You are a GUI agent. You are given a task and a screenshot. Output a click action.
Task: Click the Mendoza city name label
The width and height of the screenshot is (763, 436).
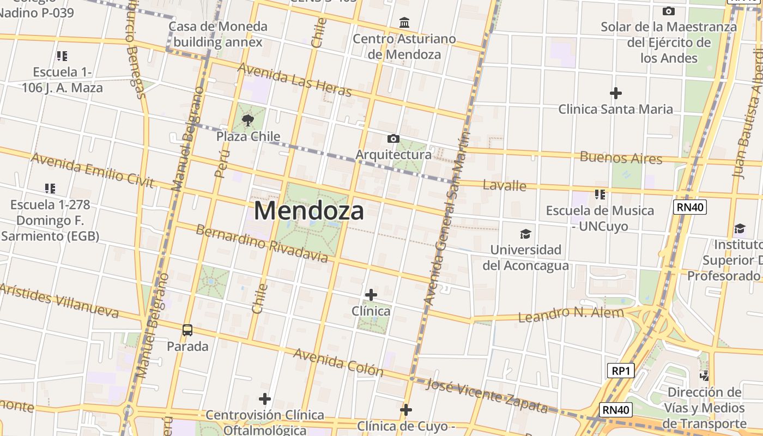[x=309, y=211]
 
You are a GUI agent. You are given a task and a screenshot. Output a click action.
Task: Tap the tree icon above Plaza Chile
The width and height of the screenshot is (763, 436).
[x=248, y=120]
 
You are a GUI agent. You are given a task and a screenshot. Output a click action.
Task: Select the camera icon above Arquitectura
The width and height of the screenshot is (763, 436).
[x=393, y=139]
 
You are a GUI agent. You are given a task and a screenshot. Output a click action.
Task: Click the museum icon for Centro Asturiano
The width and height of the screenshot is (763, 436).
[x=404, y=23]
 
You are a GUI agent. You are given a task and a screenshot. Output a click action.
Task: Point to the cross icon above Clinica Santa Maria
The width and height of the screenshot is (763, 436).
[x=616, y=93]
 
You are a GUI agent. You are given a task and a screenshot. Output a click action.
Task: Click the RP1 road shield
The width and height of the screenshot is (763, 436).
[x=621, y=371]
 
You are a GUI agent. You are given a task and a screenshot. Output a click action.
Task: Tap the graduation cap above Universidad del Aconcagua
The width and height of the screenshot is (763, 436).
[x=525, y=234]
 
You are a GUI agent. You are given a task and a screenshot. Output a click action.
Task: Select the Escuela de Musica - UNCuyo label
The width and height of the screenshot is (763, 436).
[x=600, y=218]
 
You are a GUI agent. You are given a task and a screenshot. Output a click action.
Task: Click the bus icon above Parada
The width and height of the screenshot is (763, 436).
[x=187, y=330]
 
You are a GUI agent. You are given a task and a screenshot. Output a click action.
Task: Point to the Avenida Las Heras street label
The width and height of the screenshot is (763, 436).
[x=295, y=80]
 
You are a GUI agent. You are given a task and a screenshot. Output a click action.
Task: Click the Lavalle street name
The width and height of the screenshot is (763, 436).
[x=505, y=186]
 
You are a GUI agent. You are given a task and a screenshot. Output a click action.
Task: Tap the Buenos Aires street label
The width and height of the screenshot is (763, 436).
[x=621, y=158]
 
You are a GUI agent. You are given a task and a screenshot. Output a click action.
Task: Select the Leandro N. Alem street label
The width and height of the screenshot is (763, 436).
[x=571, y=314]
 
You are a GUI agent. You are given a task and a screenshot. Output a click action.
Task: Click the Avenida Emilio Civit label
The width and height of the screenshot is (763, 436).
[x=93, y=170]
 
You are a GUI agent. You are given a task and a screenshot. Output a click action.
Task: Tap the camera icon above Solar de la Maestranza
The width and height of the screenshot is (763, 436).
[x=669, y=11]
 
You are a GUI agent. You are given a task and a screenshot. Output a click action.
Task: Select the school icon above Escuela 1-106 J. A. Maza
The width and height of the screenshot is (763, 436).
[x=62, y=56]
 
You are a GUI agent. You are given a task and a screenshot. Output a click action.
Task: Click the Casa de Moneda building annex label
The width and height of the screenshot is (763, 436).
[x=218, y=34]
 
